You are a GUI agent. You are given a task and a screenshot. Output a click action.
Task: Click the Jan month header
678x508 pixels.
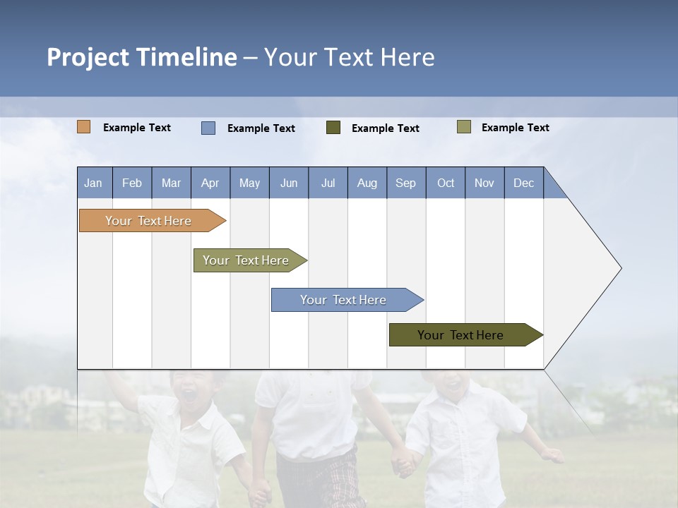point(94,183)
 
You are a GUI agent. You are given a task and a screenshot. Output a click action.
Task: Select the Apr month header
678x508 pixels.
point(210,183)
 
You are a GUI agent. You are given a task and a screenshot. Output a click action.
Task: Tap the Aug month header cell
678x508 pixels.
point(367,183)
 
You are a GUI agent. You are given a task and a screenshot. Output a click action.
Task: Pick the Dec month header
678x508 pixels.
point(524,183)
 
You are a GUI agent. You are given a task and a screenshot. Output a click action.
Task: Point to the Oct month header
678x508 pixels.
point(446,183)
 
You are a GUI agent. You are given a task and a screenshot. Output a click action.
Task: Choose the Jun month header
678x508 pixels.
point(289,183)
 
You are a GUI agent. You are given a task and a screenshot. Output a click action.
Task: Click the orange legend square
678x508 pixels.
point(84,127)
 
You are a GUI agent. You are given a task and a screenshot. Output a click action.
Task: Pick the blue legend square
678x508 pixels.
point(208,128)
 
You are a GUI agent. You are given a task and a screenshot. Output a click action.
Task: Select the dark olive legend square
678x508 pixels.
point(333,128)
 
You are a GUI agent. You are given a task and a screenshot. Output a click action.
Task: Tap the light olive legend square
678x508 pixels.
point(464,127)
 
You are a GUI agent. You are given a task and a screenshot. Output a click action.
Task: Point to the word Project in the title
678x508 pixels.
point(88,57)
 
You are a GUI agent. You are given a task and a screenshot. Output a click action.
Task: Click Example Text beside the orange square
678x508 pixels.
point(137,128)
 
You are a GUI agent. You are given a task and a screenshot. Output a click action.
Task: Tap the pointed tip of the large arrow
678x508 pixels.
point(619,268)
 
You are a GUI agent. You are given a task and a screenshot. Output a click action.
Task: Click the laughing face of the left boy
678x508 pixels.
point(192,392)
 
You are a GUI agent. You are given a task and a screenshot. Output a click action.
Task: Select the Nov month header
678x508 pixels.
point(484,183)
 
